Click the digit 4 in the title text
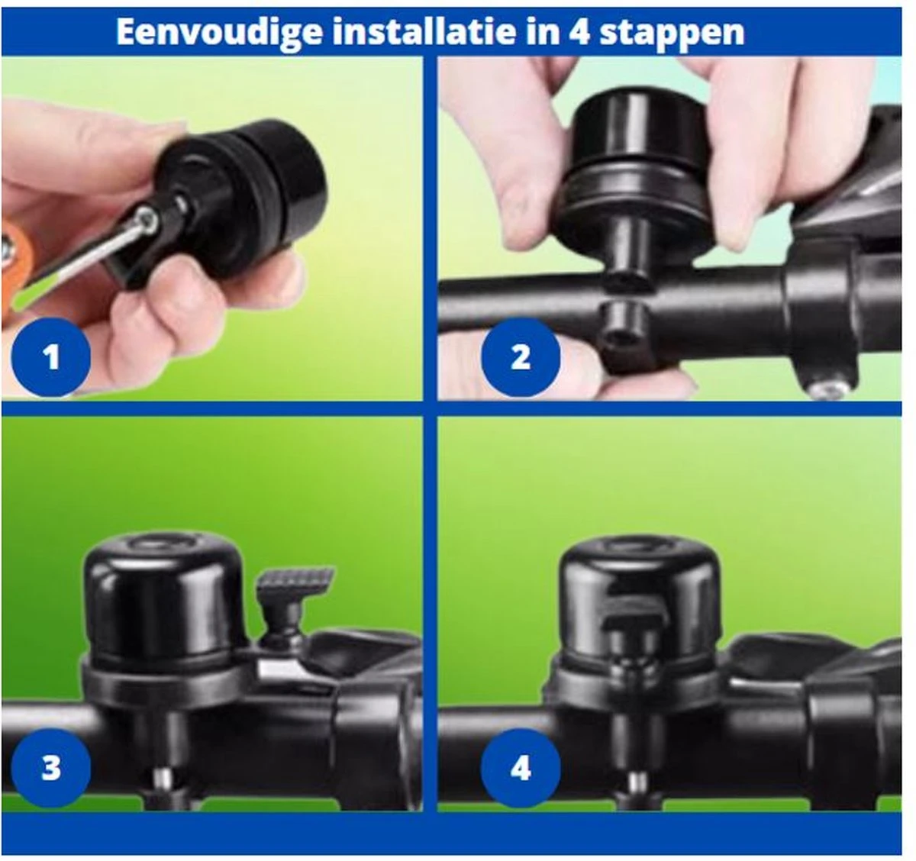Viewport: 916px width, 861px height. pyautogui.click(x=579, y=32)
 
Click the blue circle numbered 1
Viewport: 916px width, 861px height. pyautogui.click(x=50, y=357)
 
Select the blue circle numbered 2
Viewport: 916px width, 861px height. pyautogui.click(x=521, y=357)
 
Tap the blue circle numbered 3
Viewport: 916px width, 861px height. pyautogui.click(x=50, y=768)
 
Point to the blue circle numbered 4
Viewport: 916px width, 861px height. pyautogui.click(x=521, y=768)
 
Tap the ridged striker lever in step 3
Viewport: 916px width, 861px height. pyautogui.click(x=295, y=582)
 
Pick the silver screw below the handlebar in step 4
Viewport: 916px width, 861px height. pyautogui.click(x=637, y=782)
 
